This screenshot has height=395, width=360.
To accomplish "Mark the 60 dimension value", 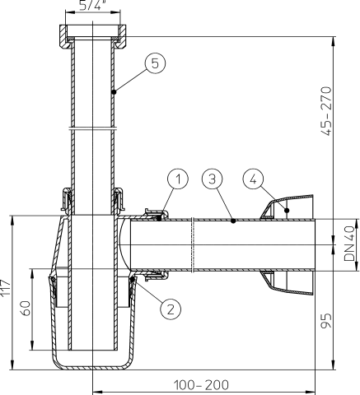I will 25,310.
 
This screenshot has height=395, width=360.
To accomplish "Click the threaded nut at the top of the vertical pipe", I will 91,35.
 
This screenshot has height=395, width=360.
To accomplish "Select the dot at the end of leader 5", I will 114,91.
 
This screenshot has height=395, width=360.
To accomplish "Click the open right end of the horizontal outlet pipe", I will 314,245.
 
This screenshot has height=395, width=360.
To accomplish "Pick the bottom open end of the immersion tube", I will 91,350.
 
